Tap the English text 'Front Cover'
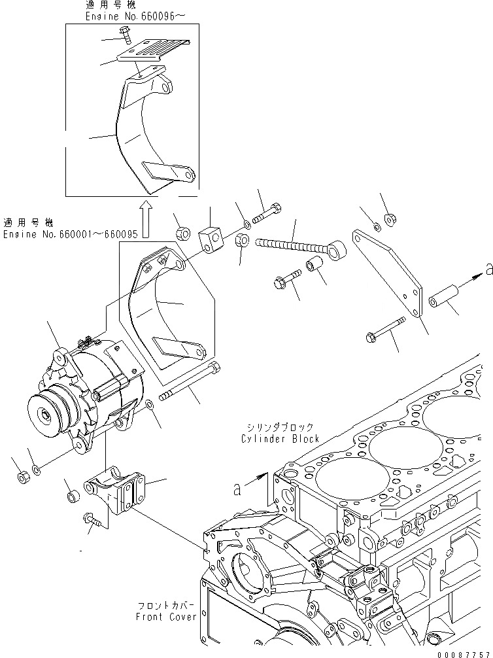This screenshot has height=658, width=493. tap(166, 617)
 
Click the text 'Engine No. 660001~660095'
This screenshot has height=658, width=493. tap(70, 234)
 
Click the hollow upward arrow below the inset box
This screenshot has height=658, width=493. tap(146, 219)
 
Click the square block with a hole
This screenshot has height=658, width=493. tap(209, 234)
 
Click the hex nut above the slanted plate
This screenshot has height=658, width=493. tap(388, 218)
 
